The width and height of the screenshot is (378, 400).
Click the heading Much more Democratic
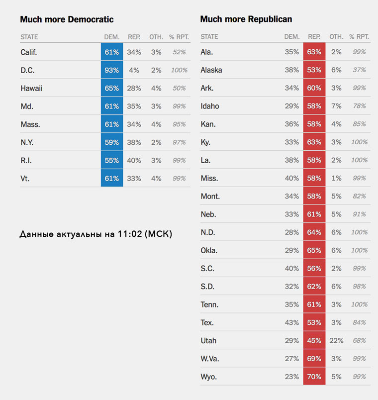pyautogui.click(x=67, y=19)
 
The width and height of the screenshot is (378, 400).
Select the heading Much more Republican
pyautogui.click(x=246, y=19)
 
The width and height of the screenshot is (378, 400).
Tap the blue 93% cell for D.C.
pyautogui.click(x=112, y=70)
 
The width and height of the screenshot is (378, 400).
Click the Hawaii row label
pyautogui.click(x=31, y=88)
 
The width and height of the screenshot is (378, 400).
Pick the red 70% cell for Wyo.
pyautogui.click(x=314, y=377)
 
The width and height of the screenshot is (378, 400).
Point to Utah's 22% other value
pyautogui.click(x=336, y=341)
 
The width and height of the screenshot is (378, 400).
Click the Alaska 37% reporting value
pyautogui.click(x=359, y=70)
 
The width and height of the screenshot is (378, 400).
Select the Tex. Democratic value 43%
pyautogui.click(x=291, y=323)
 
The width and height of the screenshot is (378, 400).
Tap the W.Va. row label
pyautogui.click(x=210, y=359)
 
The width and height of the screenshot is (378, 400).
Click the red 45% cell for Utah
pyautogui.click(x=314, y=341)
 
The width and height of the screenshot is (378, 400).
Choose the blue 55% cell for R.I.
pyautogui.click(x=112, y=160)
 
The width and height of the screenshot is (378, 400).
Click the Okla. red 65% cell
pyautogui.click(x=314, y=250)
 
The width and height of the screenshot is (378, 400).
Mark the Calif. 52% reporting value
pyautogui.click(x=179, y=52)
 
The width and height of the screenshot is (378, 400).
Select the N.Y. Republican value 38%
pyautogui.click(x=134, y=142)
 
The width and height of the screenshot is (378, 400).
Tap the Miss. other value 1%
pyautogui.click(x=336, y=178)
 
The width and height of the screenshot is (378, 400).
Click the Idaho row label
pyautogui.click(x=209, y=106)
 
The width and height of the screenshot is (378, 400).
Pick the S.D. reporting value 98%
pyautogui.click(x=359, y=287)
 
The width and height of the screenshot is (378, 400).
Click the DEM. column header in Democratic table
pyautogui.click(x=112, y=37)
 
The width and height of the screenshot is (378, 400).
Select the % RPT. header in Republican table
pyautogui.click(x=359, y=37)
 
